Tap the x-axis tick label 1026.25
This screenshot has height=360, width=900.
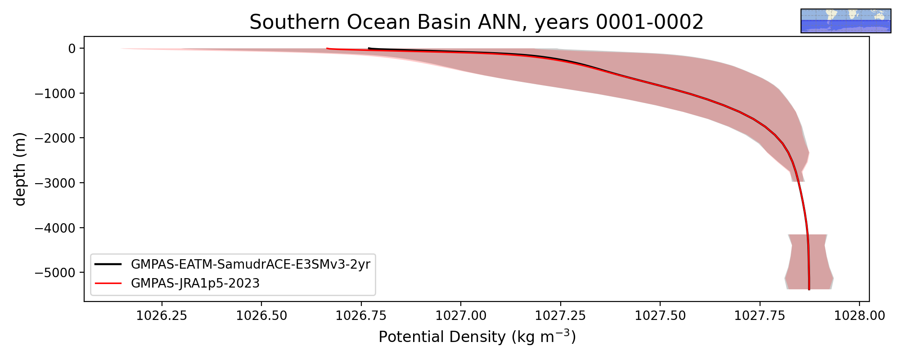(162, 315)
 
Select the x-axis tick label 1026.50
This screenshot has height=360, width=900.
(261, 315)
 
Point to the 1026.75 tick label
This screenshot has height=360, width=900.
(361, 315)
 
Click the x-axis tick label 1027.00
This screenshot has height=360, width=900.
(461, 315)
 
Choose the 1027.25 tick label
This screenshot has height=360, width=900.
(561, 315)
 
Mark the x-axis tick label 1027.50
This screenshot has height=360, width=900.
(660, 315)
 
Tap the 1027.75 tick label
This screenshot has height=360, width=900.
(760, 315)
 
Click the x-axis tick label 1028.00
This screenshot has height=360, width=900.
(859, 315)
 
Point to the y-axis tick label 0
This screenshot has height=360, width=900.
(72, 48)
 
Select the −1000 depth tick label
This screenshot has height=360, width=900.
(54, 93)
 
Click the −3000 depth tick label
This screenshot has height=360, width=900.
(54, 183)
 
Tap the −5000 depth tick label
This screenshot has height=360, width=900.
(54, 272)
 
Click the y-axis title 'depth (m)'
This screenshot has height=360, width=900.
(20, 169)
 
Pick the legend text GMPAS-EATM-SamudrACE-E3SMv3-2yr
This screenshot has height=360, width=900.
(251, 264)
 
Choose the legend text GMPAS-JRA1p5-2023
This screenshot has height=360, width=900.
(195, 283)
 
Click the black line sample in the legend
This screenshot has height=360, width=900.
(108, 264)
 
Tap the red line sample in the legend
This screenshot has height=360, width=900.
(108, 283)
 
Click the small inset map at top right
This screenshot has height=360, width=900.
(846, 21)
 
